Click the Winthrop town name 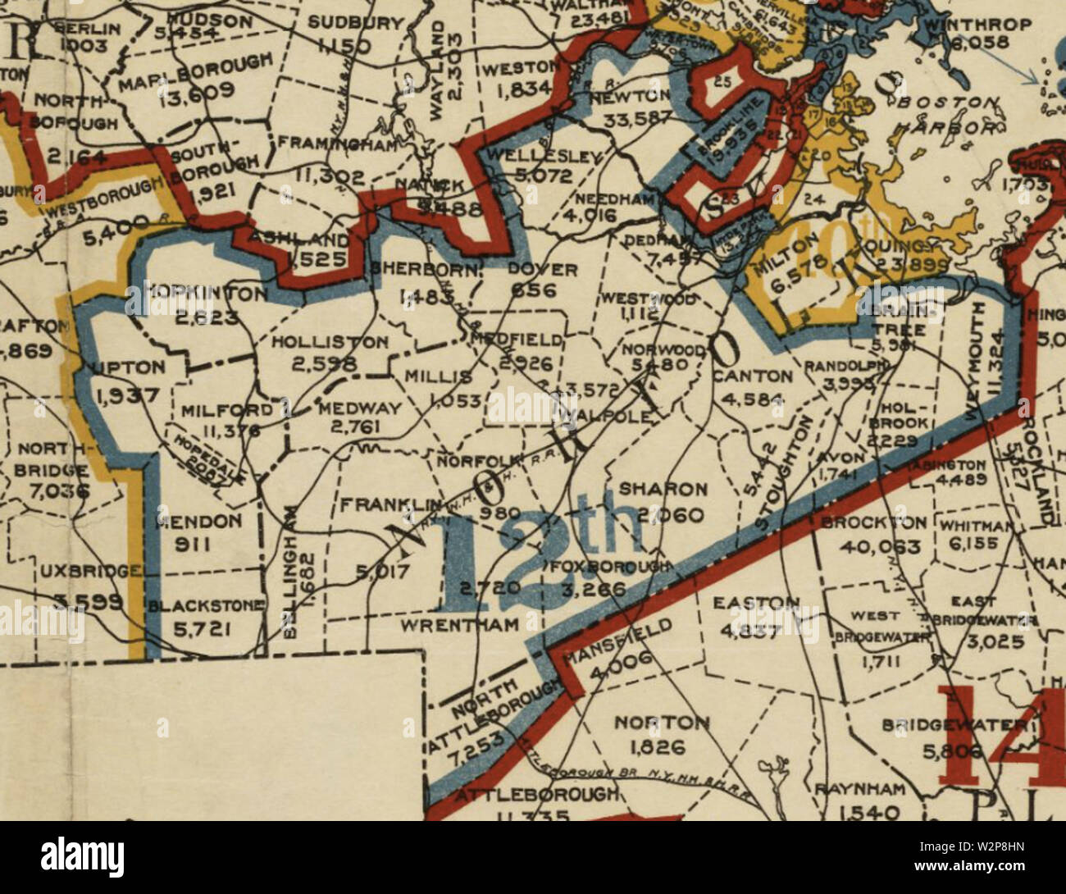tap(977, 25)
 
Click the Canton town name tap(752, 377)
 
